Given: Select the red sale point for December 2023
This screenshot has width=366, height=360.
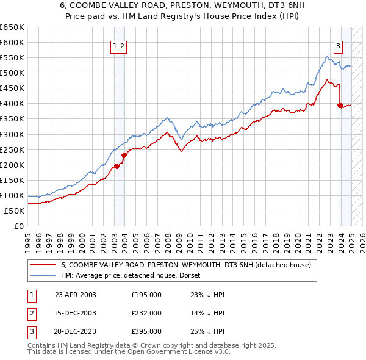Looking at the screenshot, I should [x=340, y=105].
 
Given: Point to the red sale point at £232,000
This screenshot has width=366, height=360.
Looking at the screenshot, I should [x=124, y=155].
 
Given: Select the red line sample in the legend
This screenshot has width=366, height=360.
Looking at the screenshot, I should [x=43, y=265].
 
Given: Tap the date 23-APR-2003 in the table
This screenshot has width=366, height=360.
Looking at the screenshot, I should [x=76, y=295].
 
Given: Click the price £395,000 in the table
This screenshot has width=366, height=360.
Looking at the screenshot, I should [x=146, y=331].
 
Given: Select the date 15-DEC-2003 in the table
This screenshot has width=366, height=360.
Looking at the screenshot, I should [x=76, y=313].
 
